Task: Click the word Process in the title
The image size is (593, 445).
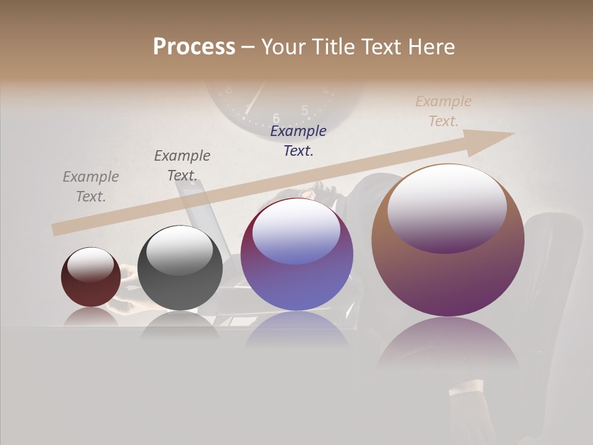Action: (x=194, y=47)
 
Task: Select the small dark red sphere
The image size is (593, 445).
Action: (x=91, y=278)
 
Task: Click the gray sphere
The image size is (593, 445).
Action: (x=180, y=268)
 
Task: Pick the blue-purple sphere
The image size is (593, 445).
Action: (x=297, y=254)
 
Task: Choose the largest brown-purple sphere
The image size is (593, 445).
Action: (x=448, y=240)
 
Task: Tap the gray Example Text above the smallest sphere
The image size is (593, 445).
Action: (x=91, y=187)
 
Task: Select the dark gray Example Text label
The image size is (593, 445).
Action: (x=182, y=166)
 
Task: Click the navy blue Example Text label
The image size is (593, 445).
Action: (x=298, y=140)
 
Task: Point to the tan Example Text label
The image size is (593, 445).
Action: (x=444, y=111)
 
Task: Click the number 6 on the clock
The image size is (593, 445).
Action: (x=276, y=117)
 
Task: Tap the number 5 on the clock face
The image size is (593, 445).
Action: (x=305, y=110)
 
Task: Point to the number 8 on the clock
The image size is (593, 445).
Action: (x=229, y=89)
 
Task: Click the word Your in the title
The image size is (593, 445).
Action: (x=280, y=47)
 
